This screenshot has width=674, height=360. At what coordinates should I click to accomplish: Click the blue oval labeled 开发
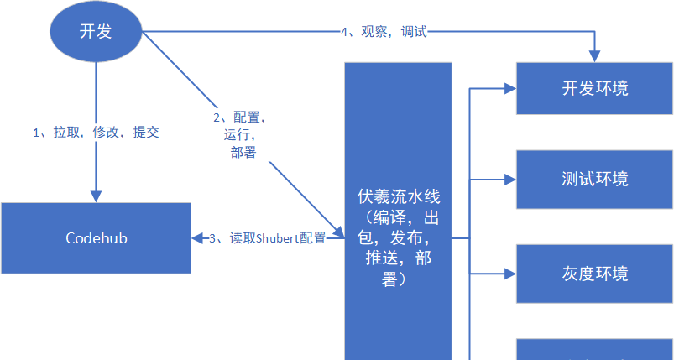coord(96,32)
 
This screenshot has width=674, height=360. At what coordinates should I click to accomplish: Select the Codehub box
coord(96,237)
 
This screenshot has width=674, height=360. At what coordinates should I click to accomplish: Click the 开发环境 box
coord(594,87)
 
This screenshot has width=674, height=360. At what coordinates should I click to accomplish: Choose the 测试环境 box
coord(594,179)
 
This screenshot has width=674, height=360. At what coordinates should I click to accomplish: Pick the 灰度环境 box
coord(594,274)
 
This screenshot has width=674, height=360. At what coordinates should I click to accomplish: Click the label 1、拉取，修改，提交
coord(96,132)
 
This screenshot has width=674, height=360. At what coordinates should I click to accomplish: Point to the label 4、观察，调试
coord(384,32)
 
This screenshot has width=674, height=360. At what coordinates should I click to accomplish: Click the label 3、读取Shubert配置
coord(266,238)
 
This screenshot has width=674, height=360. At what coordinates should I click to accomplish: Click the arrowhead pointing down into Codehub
coord(96,196)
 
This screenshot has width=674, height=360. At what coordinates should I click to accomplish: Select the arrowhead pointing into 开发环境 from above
coord(594,55)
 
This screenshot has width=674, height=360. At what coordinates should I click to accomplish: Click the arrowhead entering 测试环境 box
coord(508,179)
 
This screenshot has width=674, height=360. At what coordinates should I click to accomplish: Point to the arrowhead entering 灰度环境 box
coord(508,274)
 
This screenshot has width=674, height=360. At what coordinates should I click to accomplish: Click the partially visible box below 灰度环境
coord(594,350)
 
